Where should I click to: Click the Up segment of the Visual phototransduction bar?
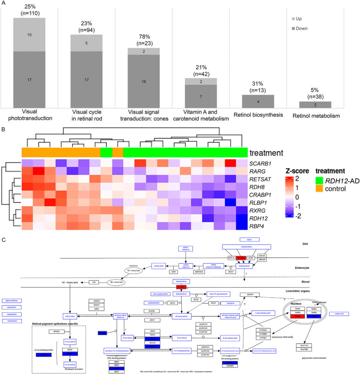tap(29, 35)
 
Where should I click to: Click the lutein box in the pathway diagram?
tap(249, 239)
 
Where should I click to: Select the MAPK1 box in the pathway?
tap(250, 295)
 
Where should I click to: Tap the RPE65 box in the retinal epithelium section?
tap(54, 332)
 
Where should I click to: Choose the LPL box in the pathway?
tap(94, 282)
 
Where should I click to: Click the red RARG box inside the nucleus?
tap(295, 316)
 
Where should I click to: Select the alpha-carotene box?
tap(12, 301)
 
